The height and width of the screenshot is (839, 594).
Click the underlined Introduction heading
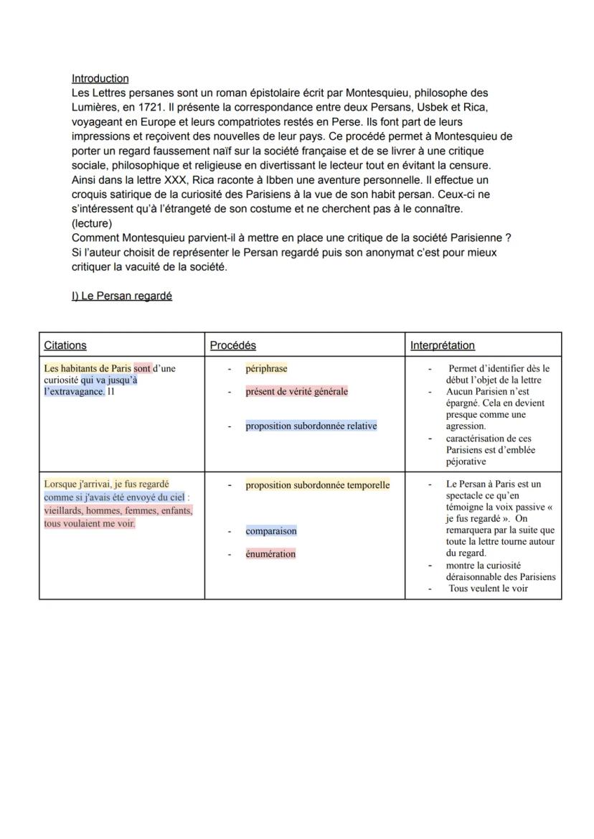tap(100, 79)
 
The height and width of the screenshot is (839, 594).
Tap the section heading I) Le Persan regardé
tap(122, 296)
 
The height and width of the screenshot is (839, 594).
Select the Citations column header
tap(65, 345)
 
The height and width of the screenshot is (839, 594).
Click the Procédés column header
tap(232, 345)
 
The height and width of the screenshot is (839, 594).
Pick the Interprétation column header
tap(443, 345)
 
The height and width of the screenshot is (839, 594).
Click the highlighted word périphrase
tap(266, 369)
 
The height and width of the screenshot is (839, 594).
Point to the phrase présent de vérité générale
tap(296, 392)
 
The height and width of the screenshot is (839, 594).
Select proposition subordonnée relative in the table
tap(311, 426)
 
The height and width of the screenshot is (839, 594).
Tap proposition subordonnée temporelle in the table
tap(317, 485)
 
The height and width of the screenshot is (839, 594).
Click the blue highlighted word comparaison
tap(271, 532)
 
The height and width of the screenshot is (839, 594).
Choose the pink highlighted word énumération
tap(270, 554)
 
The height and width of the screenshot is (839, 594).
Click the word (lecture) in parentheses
tap(92, 223)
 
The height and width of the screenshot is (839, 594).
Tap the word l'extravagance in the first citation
tap(73, 392)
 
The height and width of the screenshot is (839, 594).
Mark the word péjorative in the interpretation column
tap(466, 461)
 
